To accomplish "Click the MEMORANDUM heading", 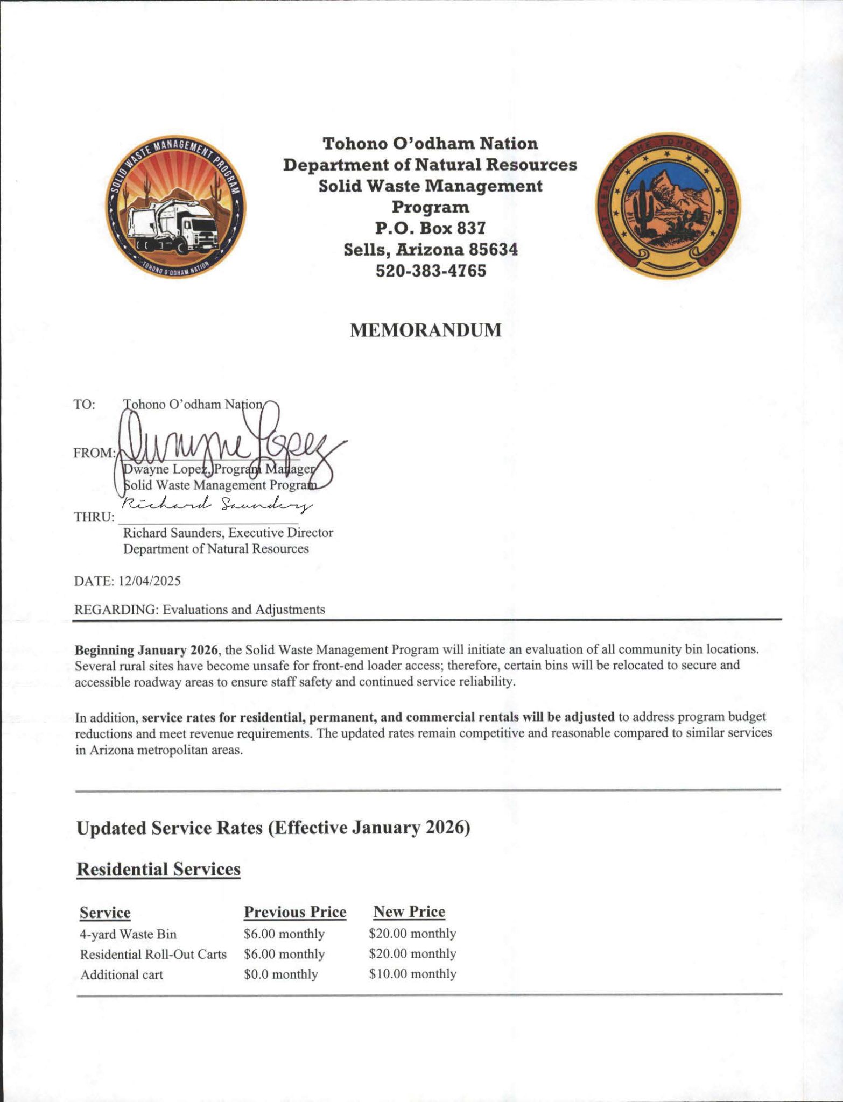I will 425,330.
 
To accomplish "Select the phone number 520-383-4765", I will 430,271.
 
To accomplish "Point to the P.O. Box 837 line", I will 430,228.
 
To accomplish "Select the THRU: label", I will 94,518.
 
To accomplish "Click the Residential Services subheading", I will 158,869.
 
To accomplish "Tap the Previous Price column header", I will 295,912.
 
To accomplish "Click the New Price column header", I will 409,912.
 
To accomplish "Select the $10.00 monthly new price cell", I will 412,974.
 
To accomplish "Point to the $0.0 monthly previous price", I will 280,974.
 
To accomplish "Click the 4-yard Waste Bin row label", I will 128,934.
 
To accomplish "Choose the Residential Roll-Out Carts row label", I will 153,955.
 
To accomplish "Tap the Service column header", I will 105,913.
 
